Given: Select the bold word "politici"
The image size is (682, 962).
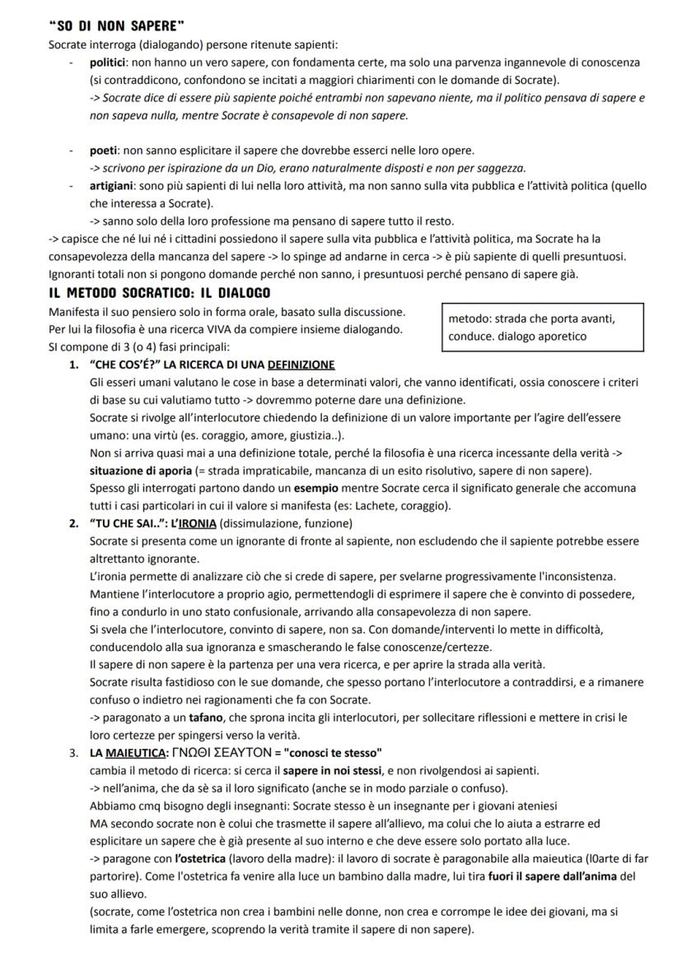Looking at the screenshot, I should pyautogui.click(x=109, y=63).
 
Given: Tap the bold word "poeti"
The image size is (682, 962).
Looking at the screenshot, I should pyautogui.click(x=105, y=150).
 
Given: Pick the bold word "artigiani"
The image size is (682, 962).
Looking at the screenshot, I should pyautogui.click(x=114, y=186).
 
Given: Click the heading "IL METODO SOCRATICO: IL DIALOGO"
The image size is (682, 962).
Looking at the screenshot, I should pyautogui.click(x=160, y=293).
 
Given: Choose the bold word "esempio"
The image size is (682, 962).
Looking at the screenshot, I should pyautogui.click(x=260, y=488).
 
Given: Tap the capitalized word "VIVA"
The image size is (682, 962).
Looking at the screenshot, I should pyautogui.click(x=212, y=329).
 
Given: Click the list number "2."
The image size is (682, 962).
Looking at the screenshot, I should pyautogui.click(x=75, y=523).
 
